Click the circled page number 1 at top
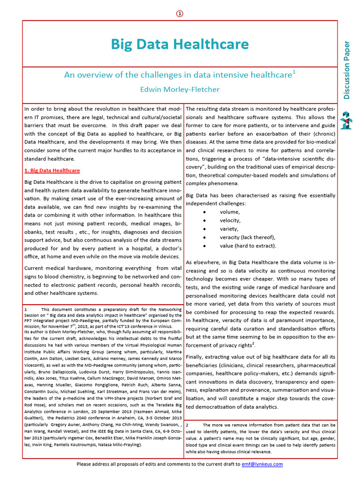point(180,14)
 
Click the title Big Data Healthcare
point(180,45)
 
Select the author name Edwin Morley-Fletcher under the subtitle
point(180,89)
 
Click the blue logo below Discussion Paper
point(346,121)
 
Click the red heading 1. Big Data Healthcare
point(52,171)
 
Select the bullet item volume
point(229,212)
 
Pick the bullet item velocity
point(230,220)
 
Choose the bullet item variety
point(229,229)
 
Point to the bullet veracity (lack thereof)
point(247,237)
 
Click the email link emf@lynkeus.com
point(262,464)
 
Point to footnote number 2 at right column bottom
point(187,424)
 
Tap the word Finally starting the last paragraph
point(196,357)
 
